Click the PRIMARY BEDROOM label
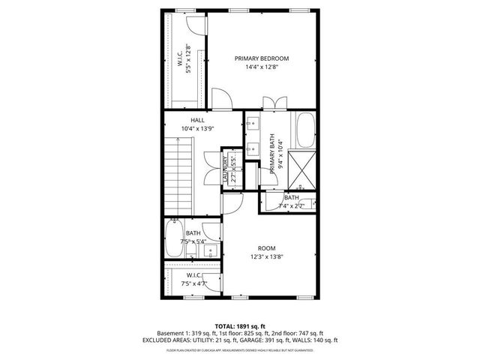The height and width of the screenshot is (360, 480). pyautogui.click(x=261, y=58)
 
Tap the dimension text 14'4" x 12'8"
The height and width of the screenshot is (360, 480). pyautogui.click(x=261, y=67)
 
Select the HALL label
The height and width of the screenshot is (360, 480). pyautogui.click(x=197, y=120)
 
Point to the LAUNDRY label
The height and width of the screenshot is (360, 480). pyautogui.click(x=224, y=169)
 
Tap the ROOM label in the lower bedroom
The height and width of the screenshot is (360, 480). pyautogui.click(x=266, y=247)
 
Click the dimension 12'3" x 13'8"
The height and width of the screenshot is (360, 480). pyautogui.click(x=266, y=256)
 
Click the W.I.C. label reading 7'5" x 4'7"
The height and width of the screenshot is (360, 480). pyautogui.click(x=192, y=280)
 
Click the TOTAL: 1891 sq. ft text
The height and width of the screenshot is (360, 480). pyautogui.click(x=239, y=325)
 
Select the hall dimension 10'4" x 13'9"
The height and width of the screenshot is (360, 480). pyautogui.click(x=197, y=129)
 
